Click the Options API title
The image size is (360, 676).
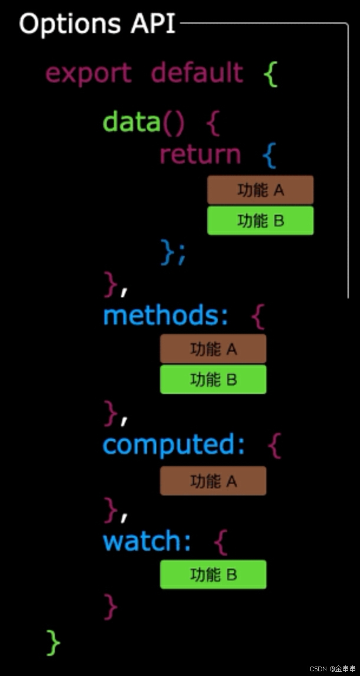[97, 24]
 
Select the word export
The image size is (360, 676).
[89, 74]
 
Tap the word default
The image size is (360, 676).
[197, 73]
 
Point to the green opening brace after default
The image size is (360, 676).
[270, 74]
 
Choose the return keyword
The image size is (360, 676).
[200, 155]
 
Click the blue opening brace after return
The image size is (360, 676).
[269, 156]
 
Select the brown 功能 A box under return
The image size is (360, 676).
[260, 190]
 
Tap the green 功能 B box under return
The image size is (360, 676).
[260, 221]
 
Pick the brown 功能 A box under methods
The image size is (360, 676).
[213, 349]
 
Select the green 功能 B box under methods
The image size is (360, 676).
[213, 379]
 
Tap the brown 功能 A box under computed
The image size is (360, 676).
[213, 481]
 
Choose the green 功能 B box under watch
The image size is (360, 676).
[213, 574]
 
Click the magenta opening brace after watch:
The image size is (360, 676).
[220, 542]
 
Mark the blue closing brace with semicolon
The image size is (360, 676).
[174, 252]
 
